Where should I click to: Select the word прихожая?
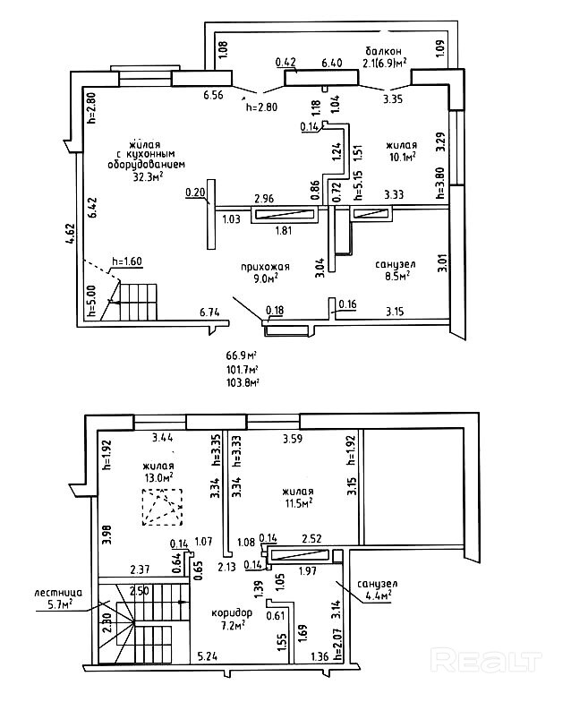265,267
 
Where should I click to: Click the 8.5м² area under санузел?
397,276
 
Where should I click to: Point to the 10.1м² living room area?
401,156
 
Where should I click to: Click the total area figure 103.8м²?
243,382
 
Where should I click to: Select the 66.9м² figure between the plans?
242,356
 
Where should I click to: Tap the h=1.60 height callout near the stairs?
127,261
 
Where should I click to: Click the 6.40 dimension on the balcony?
332,63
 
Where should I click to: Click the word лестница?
58,593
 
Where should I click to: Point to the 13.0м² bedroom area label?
159,477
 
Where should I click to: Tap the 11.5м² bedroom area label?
299,503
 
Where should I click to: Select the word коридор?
232,612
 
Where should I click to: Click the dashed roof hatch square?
163,507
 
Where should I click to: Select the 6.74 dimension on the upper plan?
209,312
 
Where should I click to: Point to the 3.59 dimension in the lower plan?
293,439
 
